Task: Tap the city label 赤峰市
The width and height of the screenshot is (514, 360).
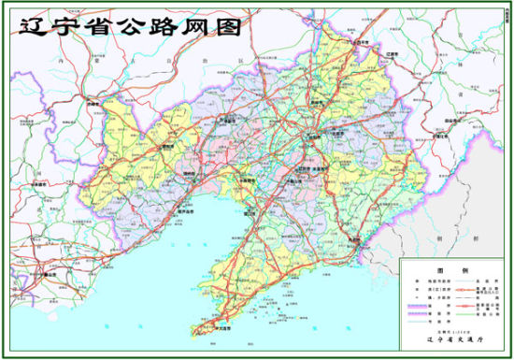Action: click(93, 104)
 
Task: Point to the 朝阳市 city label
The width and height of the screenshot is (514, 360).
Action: click(167, 146)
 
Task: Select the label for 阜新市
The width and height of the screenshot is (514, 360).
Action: click(227, 120)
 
